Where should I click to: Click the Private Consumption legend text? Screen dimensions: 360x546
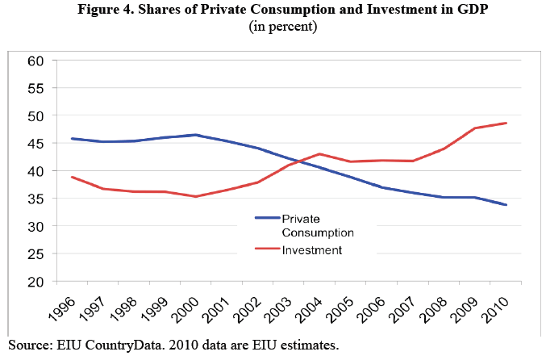pos(316,225)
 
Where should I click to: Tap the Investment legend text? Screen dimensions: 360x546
pos(311,250)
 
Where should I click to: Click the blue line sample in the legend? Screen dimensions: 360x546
pos(266,218)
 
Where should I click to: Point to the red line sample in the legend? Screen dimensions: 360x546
pos(266,250)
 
